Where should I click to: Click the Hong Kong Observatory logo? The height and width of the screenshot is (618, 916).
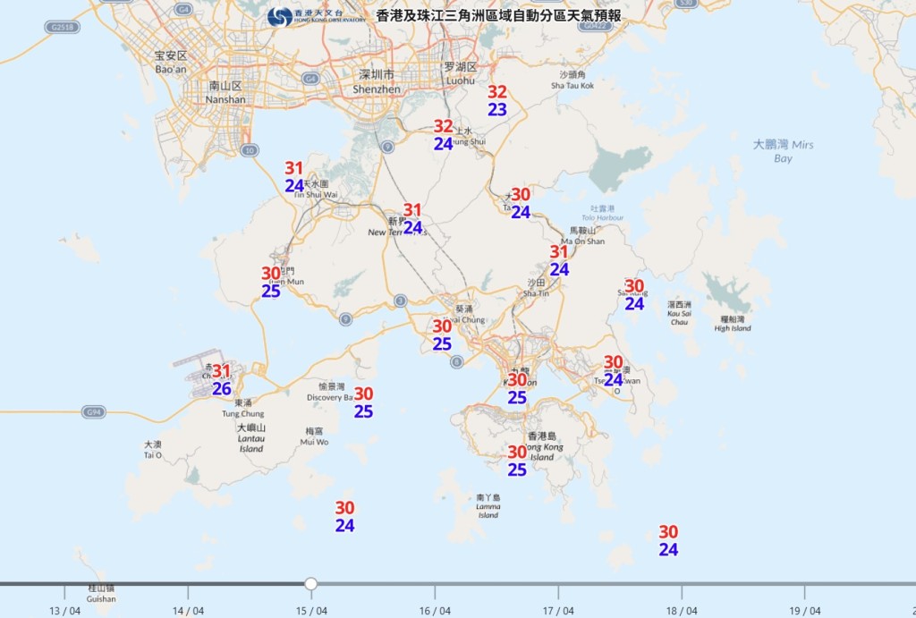279,16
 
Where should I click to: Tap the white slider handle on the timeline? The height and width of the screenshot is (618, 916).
311,584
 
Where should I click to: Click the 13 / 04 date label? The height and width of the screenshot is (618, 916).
65,611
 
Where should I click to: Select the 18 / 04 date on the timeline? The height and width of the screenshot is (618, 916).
681,611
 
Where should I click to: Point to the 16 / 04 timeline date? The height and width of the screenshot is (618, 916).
435,611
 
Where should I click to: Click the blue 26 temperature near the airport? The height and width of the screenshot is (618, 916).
221,389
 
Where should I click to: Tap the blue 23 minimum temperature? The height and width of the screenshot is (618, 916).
497,110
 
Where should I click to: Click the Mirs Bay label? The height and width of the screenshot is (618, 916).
783,151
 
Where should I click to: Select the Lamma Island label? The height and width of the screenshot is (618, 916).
488,506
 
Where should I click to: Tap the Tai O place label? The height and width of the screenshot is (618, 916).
153,450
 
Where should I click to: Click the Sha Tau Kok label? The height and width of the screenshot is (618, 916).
572,80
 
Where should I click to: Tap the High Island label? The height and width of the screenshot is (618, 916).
733,324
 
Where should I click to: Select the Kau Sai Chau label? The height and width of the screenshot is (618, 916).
679,309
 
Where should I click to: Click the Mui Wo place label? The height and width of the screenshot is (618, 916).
314,436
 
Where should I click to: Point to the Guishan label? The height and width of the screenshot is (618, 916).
101,594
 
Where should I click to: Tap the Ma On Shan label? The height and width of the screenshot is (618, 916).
582,236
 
